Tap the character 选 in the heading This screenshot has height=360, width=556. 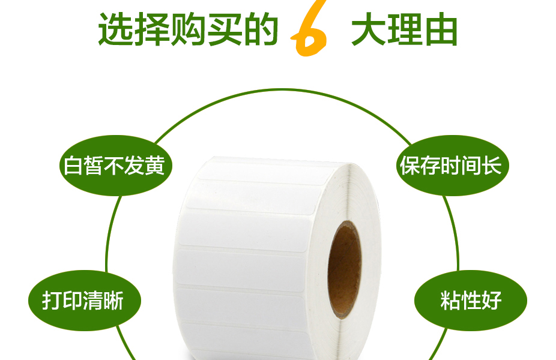coord(116,29)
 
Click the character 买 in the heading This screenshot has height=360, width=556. coord(225,29)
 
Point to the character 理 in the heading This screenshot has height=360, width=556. coord(405,29)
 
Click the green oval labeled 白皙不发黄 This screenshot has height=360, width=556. coord(116,165)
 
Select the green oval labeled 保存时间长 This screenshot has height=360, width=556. coord(453,165)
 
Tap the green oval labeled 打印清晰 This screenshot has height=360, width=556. coord(85,301)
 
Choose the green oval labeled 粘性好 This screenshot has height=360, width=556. coord(471,301)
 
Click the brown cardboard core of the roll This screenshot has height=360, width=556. coord(344,270)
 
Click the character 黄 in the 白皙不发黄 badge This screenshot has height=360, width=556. coord(155,166)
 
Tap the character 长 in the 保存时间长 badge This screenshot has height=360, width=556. coord(492,166)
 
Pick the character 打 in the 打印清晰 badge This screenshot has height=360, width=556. coord(52,301)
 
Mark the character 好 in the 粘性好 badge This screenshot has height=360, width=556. coord(492,301)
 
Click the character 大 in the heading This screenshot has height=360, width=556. coord(369,29)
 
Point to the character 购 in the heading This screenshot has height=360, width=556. coord(189,29)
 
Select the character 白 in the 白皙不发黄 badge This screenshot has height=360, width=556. coord(73,166)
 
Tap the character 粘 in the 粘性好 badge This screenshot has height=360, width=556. coord(450,301)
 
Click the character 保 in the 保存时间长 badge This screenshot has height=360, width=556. coord(410,166)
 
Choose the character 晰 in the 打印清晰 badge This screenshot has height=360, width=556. coord(113,301)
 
